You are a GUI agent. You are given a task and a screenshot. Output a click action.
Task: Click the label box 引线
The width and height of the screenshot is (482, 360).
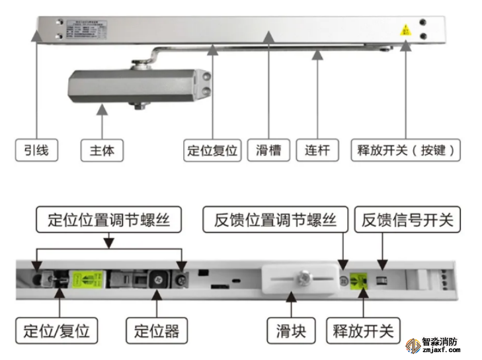coord(36,150)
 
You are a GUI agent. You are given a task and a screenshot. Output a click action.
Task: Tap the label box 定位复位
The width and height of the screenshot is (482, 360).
coord(212,150)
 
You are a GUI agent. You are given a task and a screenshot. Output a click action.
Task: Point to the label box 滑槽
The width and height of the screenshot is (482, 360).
coord(268,150)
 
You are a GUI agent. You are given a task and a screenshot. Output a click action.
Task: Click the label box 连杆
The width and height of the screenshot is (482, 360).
coord(317,150)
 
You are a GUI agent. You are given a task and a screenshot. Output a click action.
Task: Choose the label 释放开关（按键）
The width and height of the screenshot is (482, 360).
coord(406,150)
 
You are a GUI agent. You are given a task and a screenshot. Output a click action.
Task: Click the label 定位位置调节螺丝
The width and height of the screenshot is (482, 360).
coord(108,220)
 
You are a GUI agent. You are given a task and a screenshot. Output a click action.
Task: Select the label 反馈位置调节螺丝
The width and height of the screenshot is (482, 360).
coord(275,220)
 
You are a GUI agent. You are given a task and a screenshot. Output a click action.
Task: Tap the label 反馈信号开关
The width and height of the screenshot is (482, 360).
coord(407,220)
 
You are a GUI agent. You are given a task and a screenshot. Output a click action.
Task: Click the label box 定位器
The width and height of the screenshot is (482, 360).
coord(156,330)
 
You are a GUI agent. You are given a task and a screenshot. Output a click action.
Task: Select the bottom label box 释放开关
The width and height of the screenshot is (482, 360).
coord(363,330)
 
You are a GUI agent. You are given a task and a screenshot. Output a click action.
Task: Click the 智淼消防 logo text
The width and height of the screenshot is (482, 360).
coord(440,344)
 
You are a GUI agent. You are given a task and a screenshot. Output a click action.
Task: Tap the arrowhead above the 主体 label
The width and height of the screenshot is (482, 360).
coord(102,114)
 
